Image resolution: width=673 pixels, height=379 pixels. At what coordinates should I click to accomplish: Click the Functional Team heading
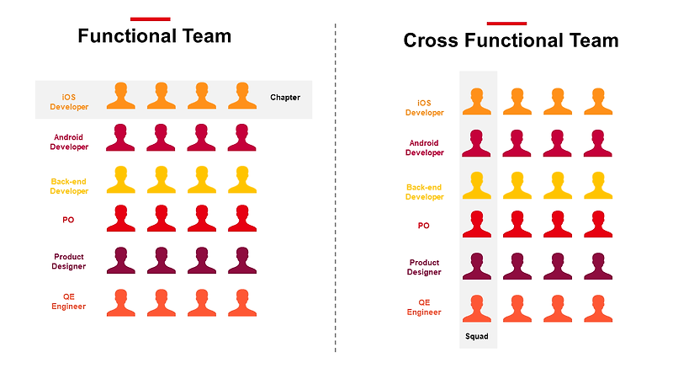point(154,36)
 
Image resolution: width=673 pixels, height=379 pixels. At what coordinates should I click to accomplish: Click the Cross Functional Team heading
point(511,40)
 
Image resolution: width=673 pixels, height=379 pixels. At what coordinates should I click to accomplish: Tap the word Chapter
point(285,98)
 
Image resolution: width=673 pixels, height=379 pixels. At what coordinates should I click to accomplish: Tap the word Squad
point(477,336)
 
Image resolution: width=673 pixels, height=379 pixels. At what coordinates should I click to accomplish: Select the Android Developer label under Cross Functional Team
point(424,148)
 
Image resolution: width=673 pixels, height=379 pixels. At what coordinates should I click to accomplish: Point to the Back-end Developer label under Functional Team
point(69,186)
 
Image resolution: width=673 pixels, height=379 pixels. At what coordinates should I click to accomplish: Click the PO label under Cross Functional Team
point(424,226)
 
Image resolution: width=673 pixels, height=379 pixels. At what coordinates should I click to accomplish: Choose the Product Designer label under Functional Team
point(69,262)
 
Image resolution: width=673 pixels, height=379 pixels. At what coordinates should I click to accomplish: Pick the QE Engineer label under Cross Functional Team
point(424,307)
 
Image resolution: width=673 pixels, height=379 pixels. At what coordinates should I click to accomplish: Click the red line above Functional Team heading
point(150,19)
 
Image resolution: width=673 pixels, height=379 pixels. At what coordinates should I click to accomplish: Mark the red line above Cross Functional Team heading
point(506,23)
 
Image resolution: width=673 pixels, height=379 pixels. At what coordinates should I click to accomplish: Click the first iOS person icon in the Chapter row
point(121,96)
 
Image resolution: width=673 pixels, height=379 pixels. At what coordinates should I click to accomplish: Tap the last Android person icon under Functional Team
point(242,138)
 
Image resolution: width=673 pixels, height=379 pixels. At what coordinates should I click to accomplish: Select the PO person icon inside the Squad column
point(477,224)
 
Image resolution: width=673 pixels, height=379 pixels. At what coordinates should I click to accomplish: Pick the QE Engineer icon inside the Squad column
point(477,308)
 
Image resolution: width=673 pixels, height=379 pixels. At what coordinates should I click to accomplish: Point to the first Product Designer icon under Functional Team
point(121,261)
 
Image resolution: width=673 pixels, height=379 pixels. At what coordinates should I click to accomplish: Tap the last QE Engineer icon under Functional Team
point(242,303)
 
